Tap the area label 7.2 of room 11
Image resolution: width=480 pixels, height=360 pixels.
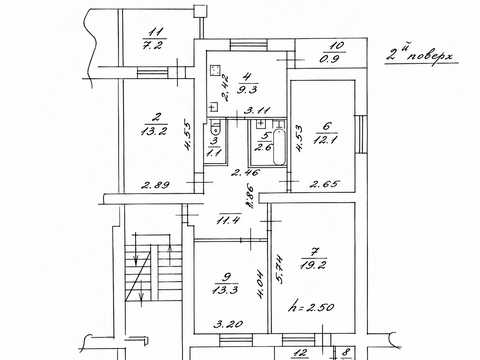153,45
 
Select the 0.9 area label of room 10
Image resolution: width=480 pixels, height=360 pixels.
330,59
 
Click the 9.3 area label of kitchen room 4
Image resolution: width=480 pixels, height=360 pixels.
246,89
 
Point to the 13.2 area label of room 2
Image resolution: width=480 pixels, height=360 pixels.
154,130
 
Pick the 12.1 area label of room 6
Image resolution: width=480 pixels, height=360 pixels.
325,139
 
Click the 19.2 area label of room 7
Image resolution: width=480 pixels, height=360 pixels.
313,265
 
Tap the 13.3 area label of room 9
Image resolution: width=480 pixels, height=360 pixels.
225,290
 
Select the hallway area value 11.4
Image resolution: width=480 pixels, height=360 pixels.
228,220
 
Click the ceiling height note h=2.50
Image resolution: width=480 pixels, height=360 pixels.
312,306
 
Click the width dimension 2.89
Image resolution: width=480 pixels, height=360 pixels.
155,184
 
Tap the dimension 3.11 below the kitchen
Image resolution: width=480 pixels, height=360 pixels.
257,110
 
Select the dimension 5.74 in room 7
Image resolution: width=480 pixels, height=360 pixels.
279,269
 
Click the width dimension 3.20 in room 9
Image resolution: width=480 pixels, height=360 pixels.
228,323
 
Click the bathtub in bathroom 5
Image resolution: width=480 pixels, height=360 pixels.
279,148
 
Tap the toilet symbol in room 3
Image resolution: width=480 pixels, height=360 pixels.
216,128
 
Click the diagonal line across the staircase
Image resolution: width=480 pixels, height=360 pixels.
138,276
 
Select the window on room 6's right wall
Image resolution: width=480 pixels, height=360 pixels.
360,134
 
